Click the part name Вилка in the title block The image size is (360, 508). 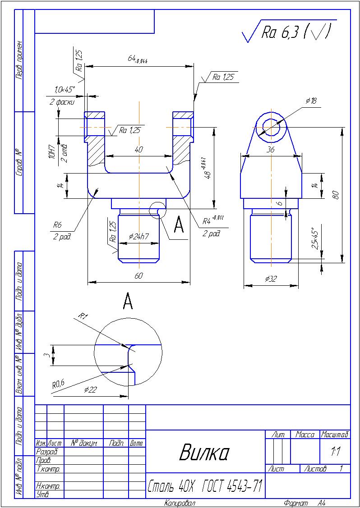[204, 452]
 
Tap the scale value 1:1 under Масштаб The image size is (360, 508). [335, 451]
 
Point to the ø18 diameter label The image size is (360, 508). [311, 101]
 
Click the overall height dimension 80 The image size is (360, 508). [335, 194]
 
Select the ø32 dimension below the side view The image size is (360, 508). [271, 279]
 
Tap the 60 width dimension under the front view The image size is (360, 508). [138, 276]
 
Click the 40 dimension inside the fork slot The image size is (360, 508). [138, 150]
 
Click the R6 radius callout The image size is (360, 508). [57, 224]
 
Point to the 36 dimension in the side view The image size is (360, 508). [270, 150]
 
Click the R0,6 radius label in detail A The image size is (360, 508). [58, 384]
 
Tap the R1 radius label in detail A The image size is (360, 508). [82, 316]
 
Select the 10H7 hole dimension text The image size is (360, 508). [51, 154]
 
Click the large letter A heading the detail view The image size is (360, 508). [128, 301]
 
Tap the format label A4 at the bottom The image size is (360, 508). [321, 503]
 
